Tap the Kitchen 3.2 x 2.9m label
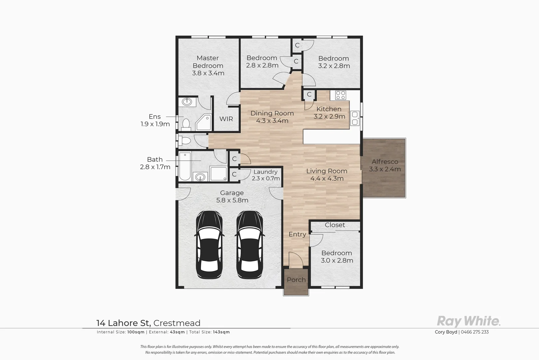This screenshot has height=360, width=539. coord(329,113)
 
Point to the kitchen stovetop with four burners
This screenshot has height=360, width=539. coord(340,95)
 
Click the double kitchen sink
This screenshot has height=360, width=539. coord(355,118)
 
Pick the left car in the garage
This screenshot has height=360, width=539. coord(209,244)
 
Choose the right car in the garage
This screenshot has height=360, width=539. coord(250,244)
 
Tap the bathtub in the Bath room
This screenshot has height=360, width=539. coord(185,166)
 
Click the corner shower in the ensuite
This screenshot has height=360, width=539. coord(204,122)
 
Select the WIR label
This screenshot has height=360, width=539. coord(226,119)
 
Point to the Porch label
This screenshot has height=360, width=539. coord(296,280)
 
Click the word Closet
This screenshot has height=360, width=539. coord(335,225)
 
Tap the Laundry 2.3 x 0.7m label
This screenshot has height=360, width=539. coord(266,175)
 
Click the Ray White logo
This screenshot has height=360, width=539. coord(468,321)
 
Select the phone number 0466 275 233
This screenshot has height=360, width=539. coord(475,332)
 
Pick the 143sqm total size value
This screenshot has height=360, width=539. coord(221,332)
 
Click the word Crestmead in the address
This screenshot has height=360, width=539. coord(177,323)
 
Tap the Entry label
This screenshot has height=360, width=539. coord(297,234)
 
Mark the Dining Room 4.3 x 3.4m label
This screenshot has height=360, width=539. coord(272,117)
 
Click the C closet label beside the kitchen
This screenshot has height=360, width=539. coord(309,94)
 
